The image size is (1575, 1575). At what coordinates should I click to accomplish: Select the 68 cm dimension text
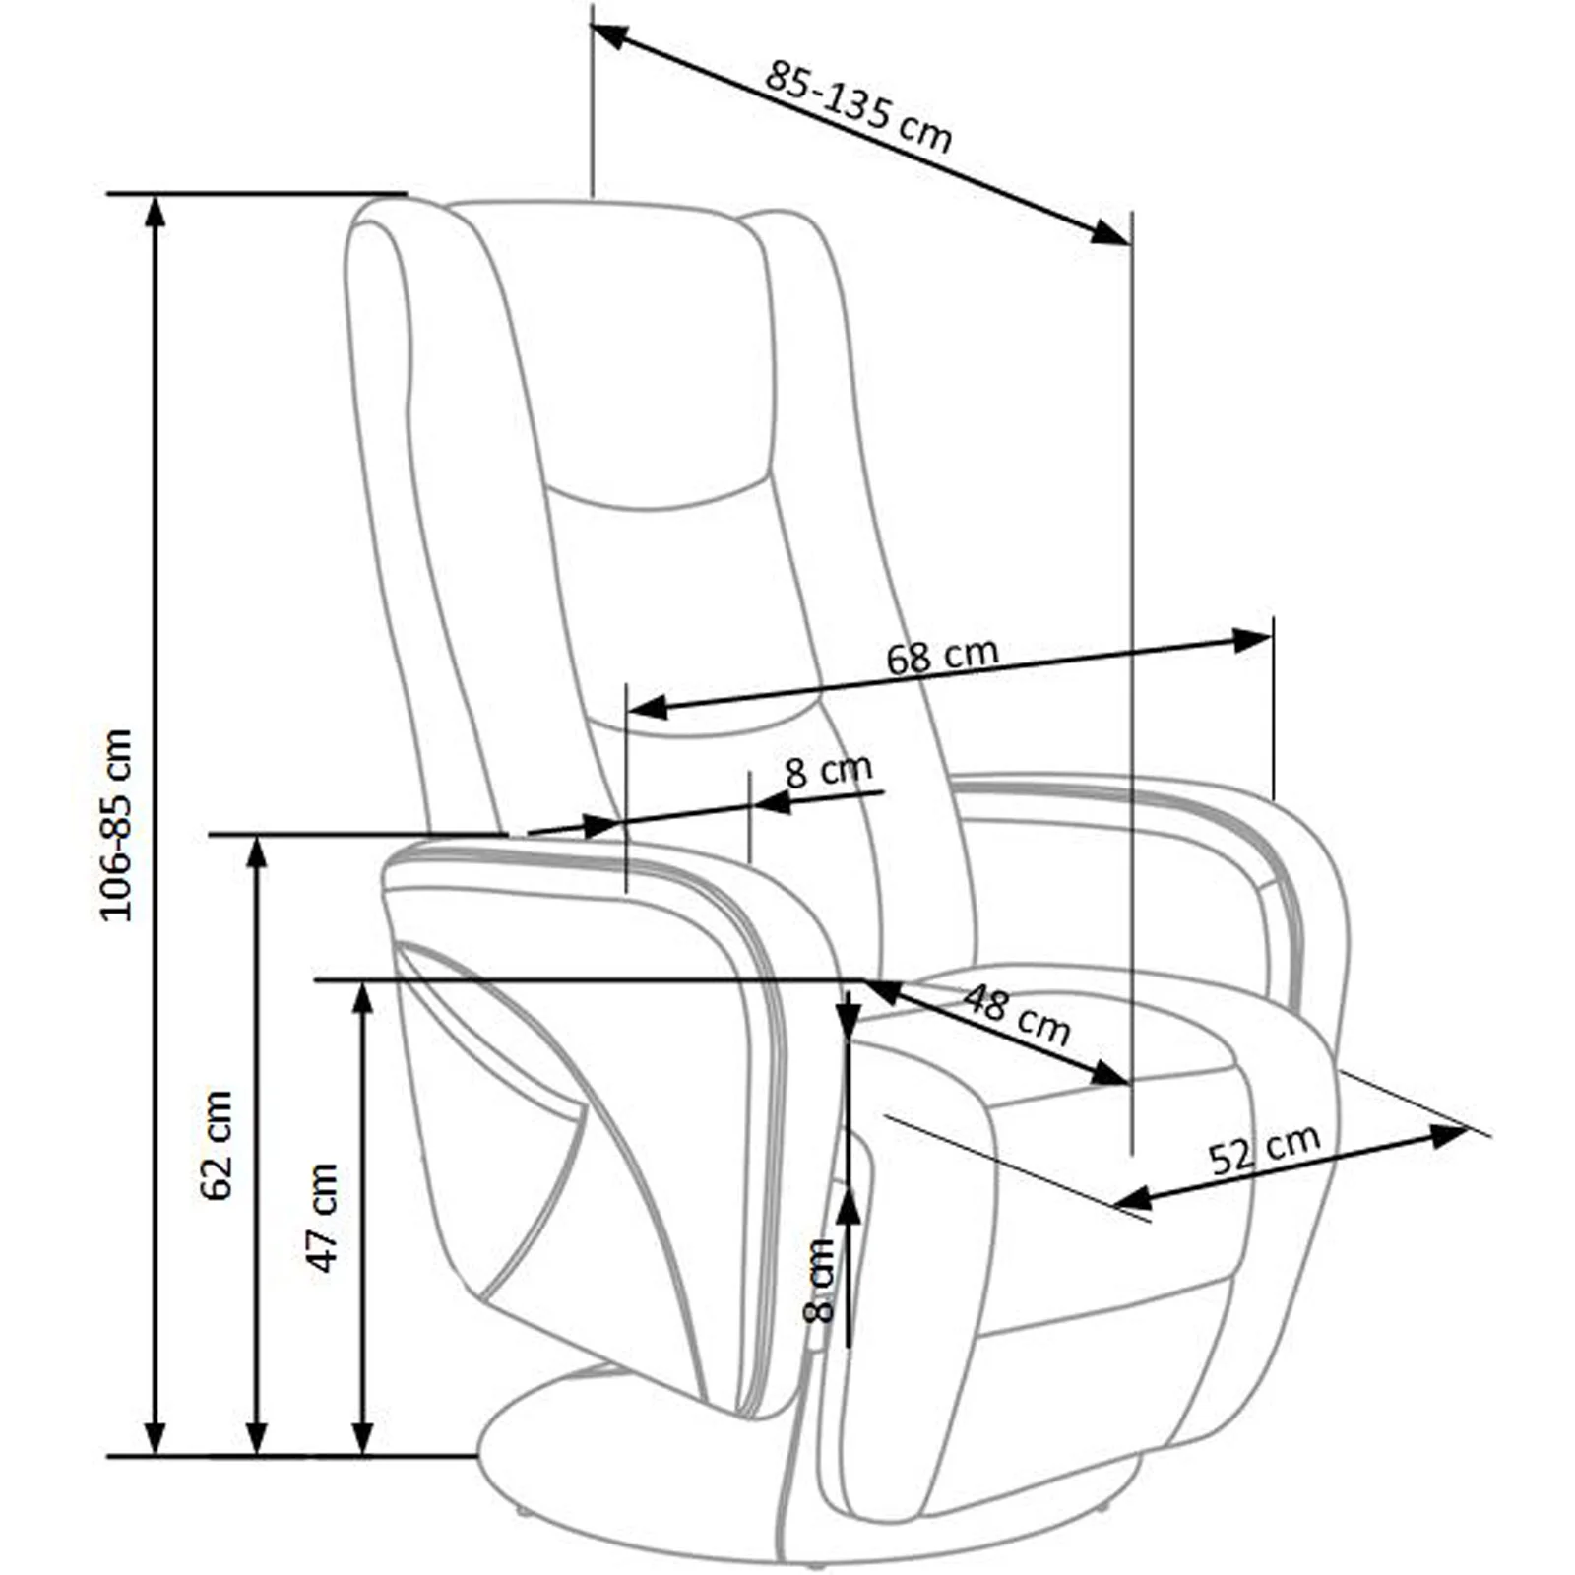942,656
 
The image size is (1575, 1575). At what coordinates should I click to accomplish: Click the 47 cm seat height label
323,1218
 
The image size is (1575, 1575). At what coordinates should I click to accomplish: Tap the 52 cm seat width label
1264,1149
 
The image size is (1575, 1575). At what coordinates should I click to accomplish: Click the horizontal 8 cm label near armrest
828,770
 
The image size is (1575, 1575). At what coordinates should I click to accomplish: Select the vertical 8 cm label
819,1280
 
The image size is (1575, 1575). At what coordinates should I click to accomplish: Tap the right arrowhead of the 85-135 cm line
1109,232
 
